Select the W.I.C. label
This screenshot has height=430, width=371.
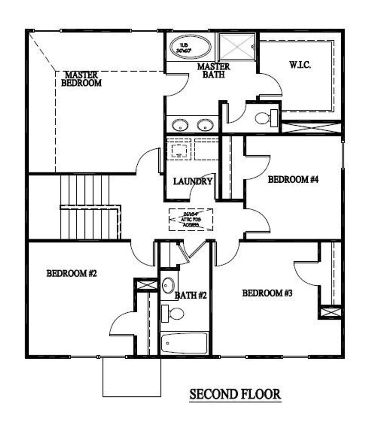300,66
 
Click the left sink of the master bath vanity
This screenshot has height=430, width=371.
180,125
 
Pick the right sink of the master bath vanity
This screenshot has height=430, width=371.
205,125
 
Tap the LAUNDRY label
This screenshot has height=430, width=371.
192,181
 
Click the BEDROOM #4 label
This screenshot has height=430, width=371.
293,180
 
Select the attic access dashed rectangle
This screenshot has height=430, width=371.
191,220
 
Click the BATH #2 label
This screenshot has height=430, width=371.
191,296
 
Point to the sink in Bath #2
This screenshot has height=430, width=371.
168,286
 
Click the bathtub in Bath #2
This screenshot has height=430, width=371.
184,343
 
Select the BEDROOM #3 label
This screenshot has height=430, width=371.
267,293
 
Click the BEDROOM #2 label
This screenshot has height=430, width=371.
72,273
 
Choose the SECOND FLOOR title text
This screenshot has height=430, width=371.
235,394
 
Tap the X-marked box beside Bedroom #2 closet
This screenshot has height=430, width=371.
146,284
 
